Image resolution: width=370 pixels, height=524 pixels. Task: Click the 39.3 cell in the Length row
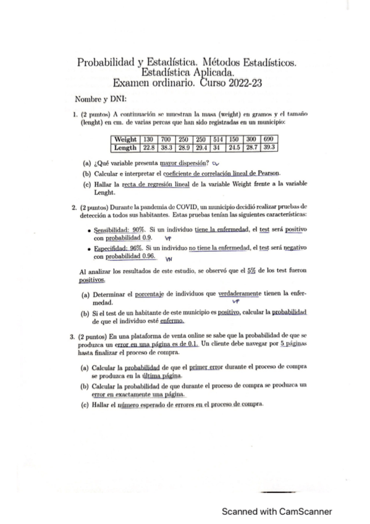269,148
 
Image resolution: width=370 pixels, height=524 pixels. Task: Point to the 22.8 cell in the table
148,148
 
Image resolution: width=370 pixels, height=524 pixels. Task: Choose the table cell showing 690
269,140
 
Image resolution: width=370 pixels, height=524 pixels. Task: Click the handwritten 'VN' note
168,260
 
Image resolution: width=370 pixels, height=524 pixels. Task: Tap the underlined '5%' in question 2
251,271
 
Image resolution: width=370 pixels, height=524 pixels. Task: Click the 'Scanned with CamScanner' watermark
277,512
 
